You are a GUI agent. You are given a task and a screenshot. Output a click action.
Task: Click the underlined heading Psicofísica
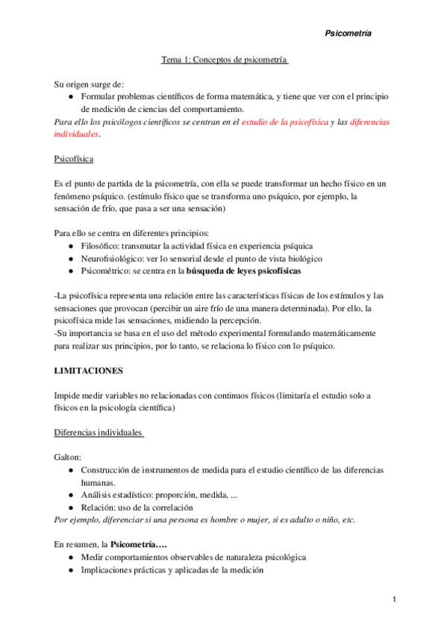74,160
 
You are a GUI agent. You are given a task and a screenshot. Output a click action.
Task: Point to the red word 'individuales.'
78,134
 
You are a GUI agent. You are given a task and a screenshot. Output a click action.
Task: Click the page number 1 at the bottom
394,599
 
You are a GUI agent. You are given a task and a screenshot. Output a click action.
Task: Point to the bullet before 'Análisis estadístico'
70,495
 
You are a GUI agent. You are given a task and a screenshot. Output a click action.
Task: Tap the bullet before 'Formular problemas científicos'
70,98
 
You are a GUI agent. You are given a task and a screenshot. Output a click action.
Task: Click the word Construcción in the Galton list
107,470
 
